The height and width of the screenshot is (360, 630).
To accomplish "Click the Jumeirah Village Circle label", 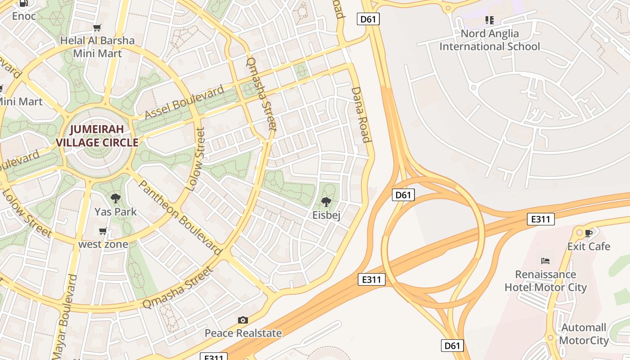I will coord(97,136).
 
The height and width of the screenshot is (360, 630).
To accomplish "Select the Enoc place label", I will coord(23,16).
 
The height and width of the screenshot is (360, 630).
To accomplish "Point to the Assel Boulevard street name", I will coord(184,103).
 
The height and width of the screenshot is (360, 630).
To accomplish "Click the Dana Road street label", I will coord(361,115).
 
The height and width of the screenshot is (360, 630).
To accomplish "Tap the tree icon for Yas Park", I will coord(116,198).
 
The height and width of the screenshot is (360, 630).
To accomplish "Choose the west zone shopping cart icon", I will coord(103,231).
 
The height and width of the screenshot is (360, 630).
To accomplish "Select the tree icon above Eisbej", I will coord(326,202).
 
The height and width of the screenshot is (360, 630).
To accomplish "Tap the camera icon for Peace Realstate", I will coord(243,320).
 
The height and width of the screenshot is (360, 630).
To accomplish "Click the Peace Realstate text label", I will coord(243,333).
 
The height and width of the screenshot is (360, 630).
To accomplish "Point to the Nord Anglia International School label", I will coord(490,40).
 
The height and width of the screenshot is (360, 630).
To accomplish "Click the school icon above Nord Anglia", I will coord(490,20).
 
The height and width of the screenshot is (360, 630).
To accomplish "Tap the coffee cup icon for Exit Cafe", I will coord(589,233).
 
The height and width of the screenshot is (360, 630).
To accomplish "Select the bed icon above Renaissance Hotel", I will coord(545,261).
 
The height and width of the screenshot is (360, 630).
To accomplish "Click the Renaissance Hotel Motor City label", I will coord(545,281).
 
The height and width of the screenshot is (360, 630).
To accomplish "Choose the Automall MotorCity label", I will coord(584,334).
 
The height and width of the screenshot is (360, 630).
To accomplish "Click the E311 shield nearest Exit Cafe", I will coord(540,219).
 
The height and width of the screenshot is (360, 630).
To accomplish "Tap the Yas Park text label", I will coord(116,211).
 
